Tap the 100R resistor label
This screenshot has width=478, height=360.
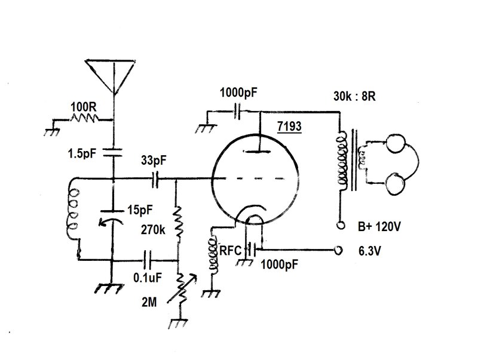(84, 107)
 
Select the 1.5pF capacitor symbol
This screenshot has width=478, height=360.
(113, 152)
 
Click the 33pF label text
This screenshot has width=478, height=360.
(154, 160)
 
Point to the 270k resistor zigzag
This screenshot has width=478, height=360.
(177, 222)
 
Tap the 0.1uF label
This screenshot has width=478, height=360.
(148, 278)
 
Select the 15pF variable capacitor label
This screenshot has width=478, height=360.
(140, 210)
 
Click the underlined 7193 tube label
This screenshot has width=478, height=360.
(289, 126)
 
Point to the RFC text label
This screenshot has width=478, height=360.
(230, 251)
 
